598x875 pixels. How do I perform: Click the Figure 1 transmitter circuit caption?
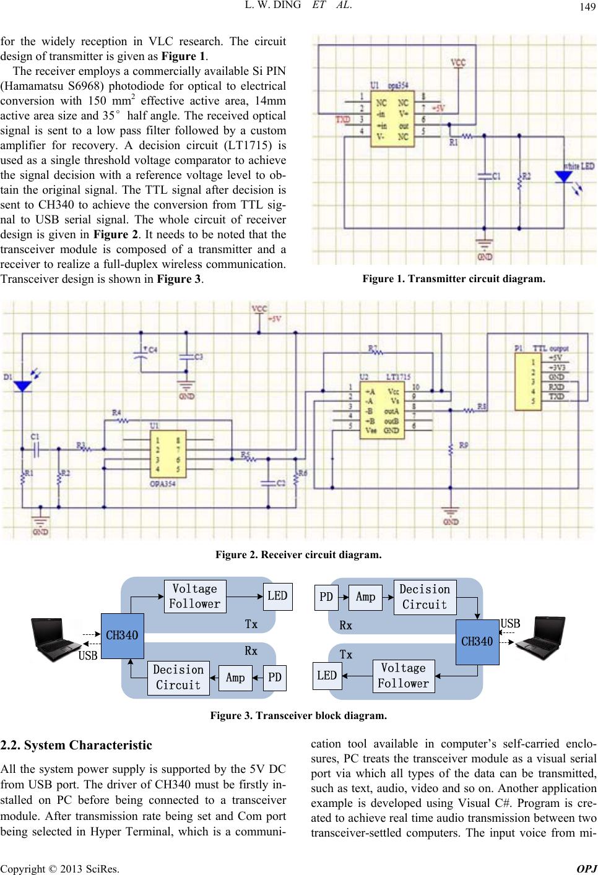[454, 279]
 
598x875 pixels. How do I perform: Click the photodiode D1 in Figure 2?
[23, 385]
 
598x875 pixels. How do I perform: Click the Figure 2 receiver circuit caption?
[298, 555]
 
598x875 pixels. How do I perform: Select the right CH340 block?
[477, 642]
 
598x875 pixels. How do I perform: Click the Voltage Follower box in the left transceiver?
[196, 596]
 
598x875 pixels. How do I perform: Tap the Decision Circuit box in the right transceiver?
[425, 597]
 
